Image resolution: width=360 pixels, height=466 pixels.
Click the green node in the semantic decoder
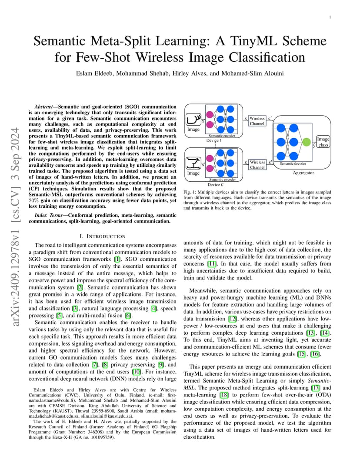(306, 142)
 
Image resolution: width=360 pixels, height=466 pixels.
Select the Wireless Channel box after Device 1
(257, 121)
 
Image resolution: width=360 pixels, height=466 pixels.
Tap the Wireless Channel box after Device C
(257, 165)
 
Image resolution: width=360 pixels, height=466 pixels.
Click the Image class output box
(323, 142)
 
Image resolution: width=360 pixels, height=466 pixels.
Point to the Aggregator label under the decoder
(303, 173)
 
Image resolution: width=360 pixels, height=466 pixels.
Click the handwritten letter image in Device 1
(193, 120)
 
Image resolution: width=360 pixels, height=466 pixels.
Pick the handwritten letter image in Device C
(193, 163)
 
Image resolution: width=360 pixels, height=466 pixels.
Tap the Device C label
(216, 185)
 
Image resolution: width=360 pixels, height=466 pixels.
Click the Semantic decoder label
(293, 163)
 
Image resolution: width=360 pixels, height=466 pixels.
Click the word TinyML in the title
(250, 41)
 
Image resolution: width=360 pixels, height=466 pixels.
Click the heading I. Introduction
(103, 236)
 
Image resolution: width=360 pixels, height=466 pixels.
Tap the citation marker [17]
(316, 388)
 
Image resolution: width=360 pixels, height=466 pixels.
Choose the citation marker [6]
(128, 316)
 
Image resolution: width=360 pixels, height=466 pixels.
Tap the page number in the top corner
(330, 17)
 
